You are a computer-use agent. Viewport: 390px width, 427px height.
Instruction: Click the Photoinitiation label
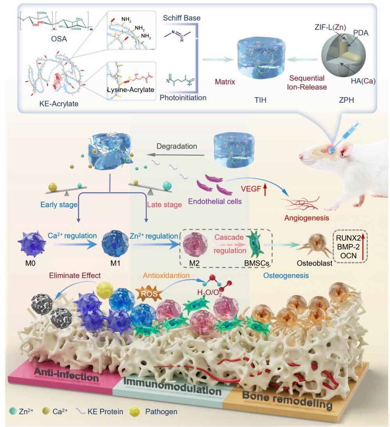tap(183, 97)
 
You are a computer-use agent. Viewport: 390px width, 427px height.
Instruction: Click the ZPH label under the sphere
tap(344, 99)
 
